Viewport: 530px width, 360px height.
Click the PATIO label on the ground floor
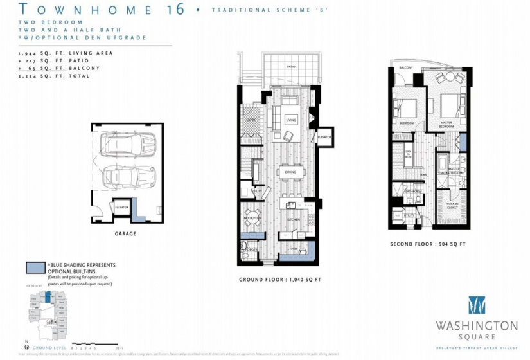pyautogui.click(x=290, y=66)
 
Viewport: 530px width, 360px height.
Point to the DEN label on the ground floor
pyautogui.click(x=292, y=248)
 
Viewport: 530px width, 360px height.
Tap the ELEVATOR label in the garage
pyautogui.click(x=122, y=207)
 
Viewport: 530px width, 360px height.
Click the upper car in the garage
pyautogui.click(x=129, y=145)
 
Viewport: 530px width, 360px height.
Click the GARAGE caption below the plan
pyautogui.click(x=125, y=233)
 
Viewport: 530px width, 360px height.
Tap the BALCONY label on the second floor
pyautogui.click(x=405, y=68)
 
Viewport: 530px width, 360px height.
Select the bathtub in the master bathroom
pyautogui.click(x=443, y=163)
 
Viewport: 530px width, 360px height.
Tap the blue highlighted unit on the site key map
pyautogui.click(x=48, y=298)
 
